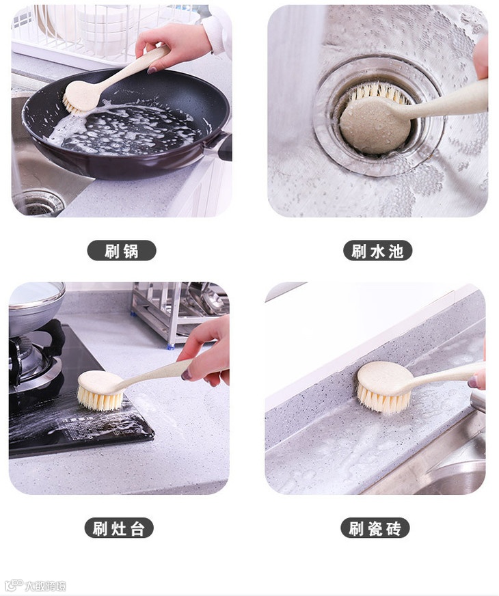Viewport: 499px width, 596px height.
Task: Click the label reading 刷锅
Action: point(122,251)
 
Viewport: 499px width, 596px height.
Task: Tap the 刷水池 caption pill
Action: point(377,251)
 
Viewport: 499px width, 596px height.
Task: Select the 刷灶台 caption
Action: point(119,528)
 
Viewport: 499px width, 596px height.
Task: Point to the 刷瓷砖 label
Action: point(375,528)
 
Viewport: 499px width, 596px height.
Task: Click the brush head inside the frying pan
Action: point(81,98)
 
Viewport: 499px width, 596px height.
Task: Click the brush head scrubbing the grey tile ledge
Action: point(385,387)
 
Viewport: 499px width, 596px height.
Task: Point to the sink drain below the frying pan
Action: point(38,204)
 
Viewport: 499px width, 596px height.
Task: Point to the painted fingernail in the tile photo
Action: point(473,381)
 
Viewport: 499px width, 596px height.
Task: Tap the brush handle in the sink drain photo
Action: point(448,100)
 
